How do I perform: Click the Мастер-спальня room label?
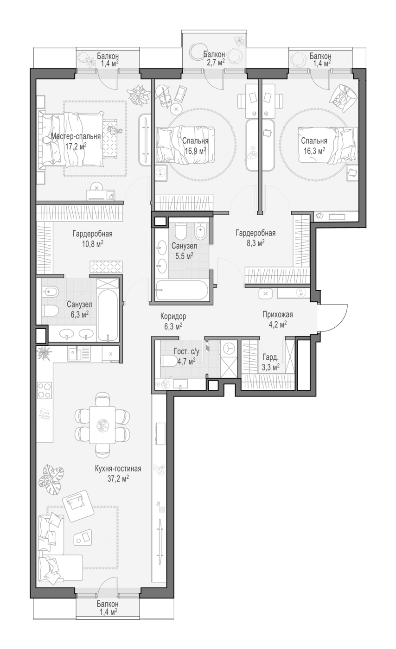point(76,136)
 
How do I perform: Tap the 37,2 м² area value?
point(118,478)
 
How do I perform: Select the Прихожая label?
point(278,314)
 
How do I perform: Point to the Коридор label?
point(173,316)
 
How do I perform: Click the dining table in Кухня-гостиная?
point(102,425)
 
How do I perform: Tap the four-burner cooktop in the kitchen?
point(45,390)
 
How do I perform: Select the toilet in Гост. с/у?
point(169,361)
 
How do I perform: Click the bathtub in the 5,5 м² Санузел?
point(182,290)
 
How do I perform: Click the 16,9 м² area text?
point(195,151)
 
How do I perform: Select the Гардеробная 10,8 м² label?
point(92,238)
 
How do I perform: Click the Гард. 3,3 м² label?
point(271,362)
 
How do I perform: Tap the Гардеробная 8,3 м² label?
point(255,237)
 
